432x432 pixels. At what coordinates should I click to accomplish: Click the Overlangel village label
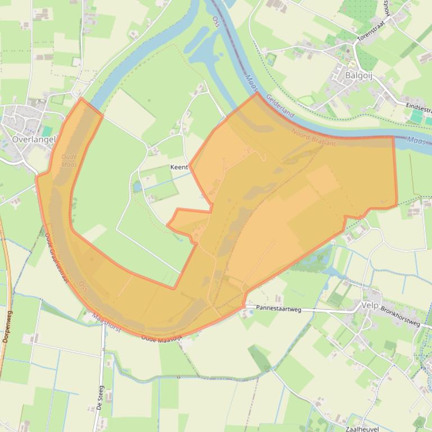pyautogui.click(x=34, y=139)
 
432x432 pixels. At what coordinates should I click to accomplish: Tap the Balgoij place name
pyautogui.click(x=359, y=75)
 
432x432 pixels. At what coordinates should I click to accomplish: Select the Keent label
pyautogui.click(x=179, y=167)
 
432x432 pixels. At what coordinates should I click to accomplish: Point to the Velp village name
pyautogui.click(x=370, y=306)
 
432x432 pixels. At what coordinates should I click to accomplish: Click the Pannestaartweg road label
pyautogui.click(x=279, y=308)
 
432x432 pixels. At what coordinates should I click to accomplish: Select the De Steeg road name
pyautogui.click(x=100, y=398)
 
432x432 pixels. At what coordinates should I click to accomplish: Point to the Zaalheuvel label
pyautogui.click(x=362, y=429)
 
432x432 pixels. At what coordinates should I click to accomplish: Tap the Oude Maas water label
pyautogui.click(x=69, y=161)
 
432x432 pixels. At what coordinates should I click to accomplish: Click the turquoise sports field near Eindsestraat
pyautogui.click(x=416, y=116)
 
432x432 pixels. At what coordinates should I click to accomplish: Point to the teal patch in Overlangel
pyautogui.click(x=48, y=131)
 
